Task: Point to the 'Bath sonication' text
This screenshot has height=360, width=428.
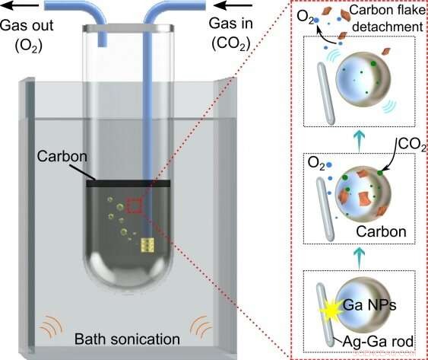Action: [x=128, y=339]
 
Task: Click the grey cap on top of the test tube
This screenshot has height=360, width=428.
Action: [x=127, y=29]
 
